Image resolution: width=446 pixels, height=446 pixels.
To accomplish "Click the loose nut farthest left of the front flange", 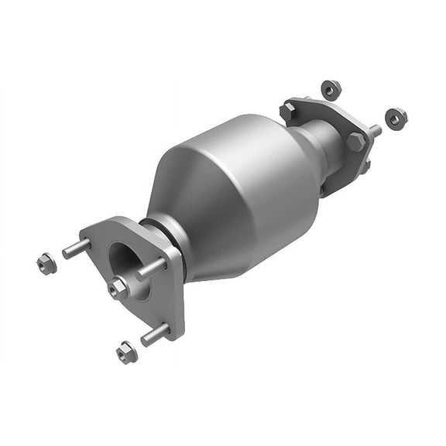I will [46, 264].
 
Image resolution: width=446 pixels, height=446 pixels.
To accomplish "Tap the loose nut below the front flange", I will [125, 352].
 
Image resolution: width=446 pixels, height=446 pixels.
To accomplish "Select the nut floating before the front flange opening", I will [118, 288].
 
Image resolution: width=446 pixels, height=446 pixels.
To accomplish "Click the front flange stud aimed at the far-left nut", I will [76, 249].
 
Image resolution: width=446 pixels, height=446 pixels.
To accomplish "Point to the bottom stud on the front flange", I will [154, 334].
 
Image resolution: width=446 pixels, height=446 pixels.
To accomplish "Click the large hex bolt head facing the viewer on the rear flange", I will [357, 142].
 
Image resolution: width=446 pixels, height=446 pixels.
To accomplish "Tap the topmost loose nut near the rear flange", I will [331, 89].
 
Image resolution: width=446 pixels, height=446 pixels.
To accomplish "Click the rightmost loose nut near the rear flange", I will [396, 118].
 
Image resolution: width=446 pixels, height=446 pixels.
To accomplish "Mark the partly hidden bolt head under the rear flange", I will [364, 166].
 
